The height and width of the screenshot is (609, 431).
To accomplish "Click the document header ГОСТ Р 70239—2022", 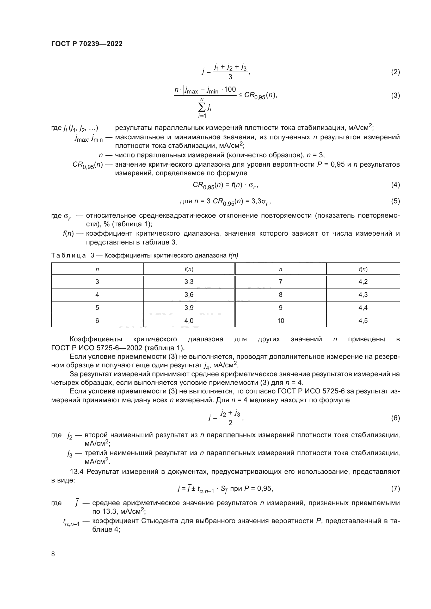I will pos(87,44).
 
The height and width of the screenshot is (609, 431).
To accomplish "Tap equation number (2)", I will pos(395,72).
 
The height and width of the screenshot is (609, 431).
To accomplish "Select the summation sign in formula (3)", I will pos(202,108).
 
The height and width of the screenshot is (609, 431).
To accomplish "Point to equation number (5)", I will pos(395,201).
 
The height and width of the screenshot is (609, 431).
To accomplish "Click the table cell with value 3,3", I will pos(189,282).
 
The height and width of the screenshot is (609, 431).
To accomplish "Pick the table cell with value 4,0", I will pos(189,321).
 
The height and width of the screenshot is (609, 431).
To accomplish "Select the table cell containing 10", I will pos(281,321).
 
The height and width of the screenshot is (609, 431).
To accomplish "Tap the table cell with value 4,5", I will pos(363,321).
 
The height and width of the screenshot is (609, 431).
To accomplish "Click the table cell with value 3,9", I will pos(189,308).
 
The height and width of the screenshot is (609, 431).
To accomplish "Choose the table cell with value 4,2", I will pos(363,282).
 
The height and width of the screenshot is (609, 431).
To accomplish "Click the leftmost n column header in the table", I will pos(97,269).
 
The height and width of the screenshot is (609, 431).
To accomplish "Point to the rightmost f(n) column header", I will pos(363,269).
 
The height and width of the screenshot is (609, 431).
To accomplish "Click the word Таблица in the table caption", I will pos(69,255).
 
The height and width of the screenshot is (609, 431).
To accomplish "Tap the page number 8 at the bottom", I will pos(53,554).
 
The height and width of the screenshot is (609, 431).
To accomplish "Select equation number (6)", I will pos(395,418).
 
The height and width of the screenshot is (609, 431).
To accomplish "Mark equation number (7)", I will pos(395,488).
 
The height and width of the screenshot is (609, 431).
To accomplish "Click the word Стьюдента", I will pos(160,521).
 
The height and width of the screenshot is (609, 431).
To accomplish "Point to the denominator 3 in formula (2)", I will pos(230,77).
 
